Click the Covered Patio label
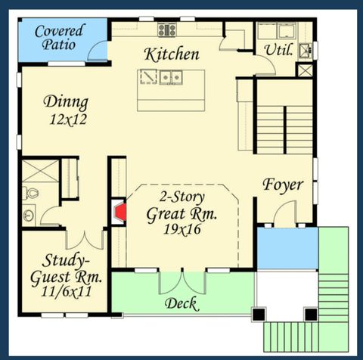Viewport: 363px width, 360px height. (58, 39)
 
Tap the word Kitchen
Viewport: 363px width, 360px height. (172, 54)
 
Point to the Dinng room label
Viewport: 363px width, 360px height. (65, 102)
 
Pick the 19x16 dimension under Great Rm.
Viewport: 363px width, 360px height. (181, 229)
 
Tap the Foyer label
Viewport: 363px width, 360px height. (283, 185)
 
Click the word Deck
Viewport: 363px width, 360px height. (181, 304)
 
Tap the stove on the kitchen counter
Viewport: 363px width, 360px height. (167, 29)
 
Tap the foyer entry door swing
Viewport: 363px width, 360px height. (284, 215)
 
